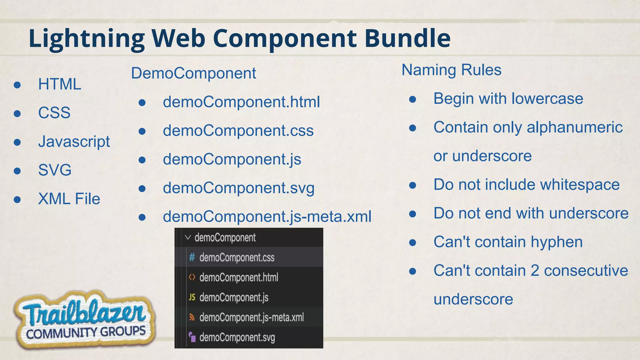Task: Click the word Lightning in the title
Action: pos(87,39)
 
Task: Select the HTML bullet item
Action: pos(59,84)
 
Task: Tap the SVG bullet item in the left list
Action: pos(55,170)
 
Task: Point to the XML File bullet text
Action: pos(69,199)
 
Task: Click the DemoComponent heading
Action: pos(193,73)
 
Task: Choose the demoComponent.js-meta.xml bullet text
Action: pos(267,217)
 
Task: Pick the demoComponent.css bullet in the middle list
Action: pos(238,131)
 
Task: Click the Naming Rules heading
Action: pos(451,70)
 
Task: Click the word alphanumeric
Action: pos(574,127)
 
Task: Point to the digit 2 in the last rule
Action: pos(535,271)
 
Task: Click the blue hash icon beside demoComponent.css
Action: pos(192,257)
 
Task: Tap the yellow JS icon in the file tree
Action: pos(192,297)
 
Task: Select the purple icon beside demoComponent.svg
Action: pos(192,337)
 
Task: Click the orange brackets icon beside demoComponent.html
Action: pos(192,277)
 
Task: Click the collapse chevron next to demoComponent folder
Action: pos(188,237)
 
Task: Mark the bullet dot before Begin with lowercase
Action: pos(412,99)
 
